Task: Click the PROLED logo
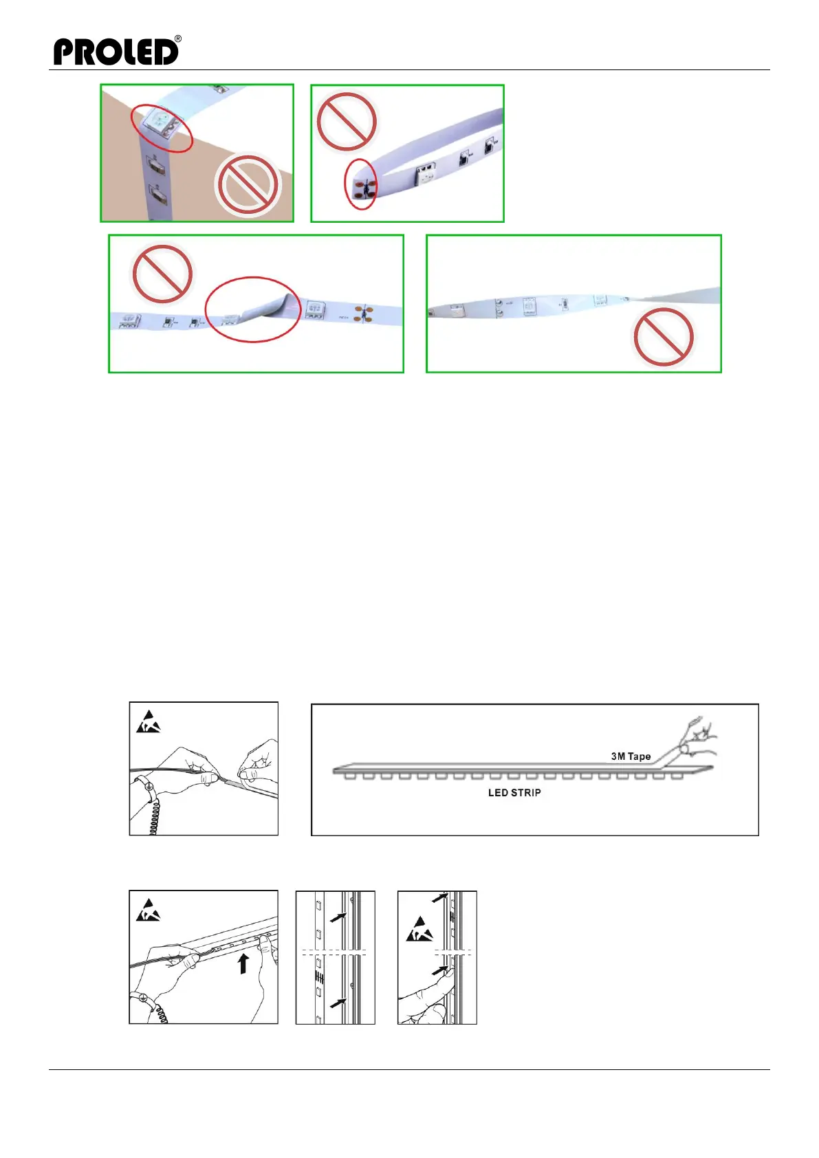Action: [x=116, y=52]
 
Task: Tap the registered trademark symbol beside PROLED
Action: [x=178, y=39]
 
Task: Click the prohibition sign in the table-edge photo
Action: [x=247, y=185]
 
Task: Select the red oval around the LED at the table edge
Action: [x=162, y=128]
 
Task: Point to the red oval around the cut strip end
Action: [x=360, y=184]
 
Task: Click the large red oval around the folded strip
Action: [x=253, y=309]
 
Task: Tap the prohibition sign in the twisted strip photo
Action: [x=664, y=337]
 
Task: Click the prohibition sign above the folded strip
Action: [x=162, y=273]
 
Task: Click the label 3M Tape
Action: [x=631, y=756]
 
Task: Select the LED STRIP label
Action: [x=514, y=793]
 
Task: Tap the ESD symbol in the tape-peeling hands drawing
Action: [x=148, y=722]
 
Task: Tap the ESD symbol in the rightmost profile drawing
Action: [x=419, y=930]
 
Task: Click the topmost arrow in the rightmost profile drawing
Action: [x=439, y=897]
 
